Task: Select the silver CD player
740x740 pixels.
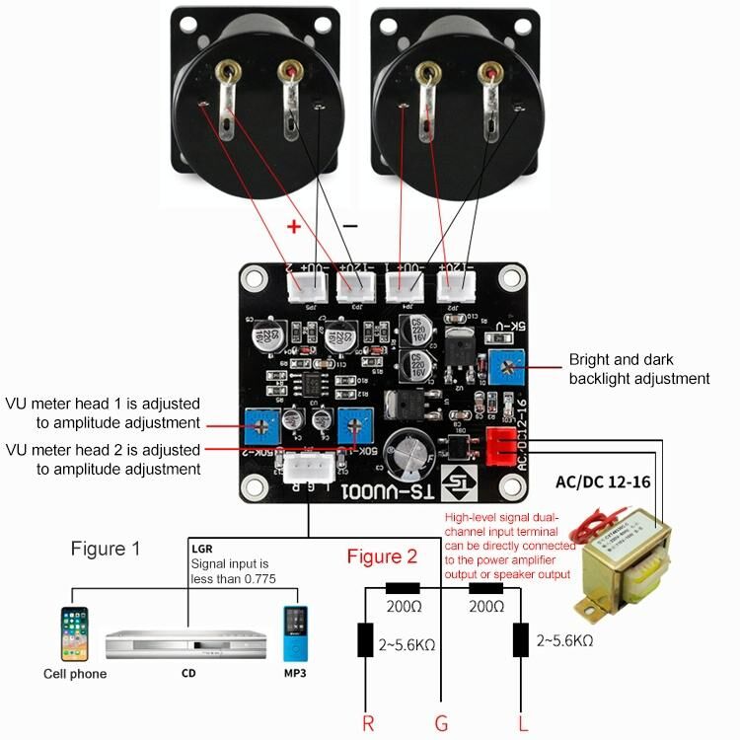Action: pyautogui.click(x=185, y=644)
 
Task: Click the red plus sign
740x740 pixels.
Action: pyautogui.click(x=293, y=226)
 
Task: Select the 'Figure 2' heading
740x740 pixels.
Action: pyautogui.click(x=382, y=556)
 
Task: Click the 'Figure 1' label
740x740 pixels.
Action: pyautogui.click(x=106, y=548)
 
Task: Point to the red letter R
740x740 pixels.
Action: pyautogui.click(x=368, y=724)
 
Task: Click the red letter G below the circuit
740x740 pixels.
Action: pyautogui.click(x=441, y=724)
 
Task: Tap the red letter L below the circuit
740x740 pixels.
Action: pyautogui.click(x=522, y=724)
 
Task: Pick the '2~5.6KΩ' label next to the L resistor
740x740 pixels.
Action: pyautogui.click(x=564, y=640)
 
